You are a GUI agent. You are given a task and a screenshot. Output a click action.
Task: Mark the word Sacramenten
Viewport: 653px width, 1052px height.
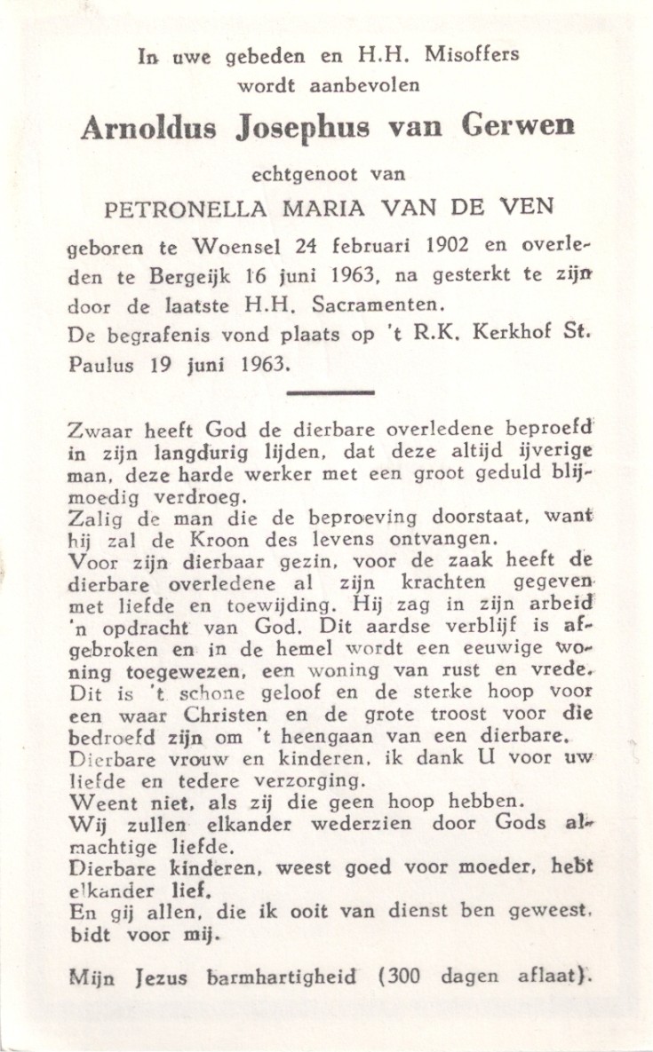(x=383, y=307)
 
